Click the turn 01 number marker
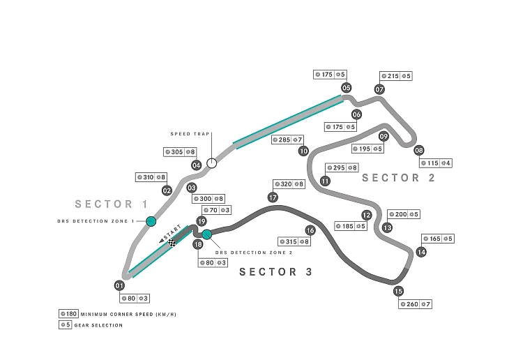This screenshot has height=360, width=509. coord(119,285)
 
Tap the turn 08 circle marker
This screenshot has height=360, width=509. coord(419,150)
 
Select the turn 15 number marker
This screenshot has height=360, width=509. coord(398,291)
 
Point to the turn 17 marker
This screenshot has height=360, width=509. coord(273,197)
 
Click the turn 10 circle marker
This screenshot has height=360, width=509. coord(303,151)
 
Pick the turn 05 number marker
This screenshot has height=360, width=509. coord(347,87)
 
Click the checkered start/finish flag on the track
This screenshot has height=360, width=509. coord(172,242)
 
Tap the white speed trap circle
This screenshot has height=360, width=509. coord(212,163)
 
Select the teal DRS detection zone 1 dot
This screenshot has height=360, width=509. coord(151,221)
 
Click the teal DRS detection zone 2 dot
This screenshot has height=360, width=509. coord(207,234)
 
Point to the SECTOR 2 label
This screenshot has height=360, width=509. coord(398,178)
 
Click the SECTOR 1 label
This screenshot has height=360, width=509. coord(112,204)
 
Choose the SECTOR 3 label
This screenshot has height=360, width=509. coord(275,271)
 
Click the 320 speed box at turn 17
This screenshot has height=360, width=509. coord(289,184)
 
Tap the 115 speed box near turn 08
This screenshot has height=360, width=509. coord(436,163)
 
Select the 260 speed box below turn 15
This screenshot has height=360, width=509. coord(415,304)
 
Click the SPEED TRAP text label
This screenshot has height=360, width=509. coord(190,134)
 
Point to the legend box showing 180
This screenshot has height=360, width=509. coord(68,314)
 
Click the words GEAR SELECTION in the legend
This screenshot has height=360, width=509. coord(99,325)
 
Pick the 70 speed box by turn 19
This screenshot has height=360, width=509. coord(217,210)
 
